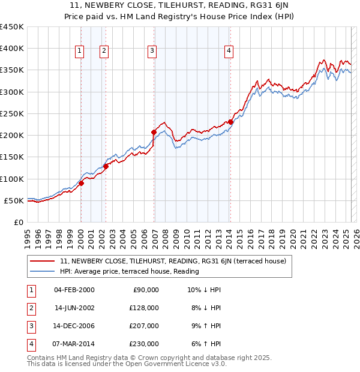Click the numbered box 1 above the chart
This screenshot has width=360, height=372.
point(79,52)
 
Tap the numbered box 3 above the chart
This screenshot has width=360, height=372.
point(152,52)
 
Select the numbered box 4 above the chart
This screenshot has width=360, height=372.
point(229,52)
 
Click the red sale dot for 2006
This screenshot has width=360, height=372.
point(154,132)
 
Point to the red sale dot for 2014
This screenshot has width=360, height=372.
point(231,122)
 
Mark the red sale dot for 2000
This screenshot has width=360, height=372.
point(81,183)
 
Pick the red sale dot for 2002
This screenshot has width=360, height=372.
point(106,166)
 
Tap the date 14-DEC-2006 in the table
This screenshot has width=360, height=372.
point(74,326)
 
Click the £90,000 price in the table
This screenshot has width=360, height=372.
point(145,290)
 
